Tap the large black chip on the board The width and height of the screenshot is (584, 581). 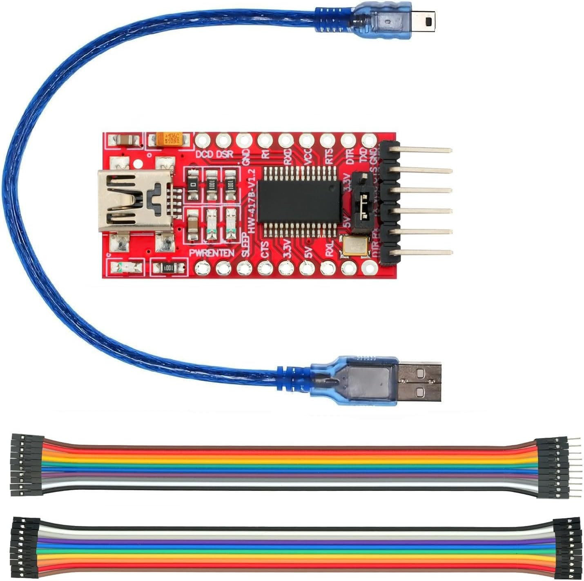coord(300,202)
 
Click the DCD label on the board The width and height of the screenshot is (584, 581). coord(204,155)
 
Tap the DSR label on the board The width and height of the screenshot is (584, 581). coord(224,155)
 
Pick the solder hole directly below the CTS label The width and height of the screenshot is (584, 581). coord(265,268)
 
